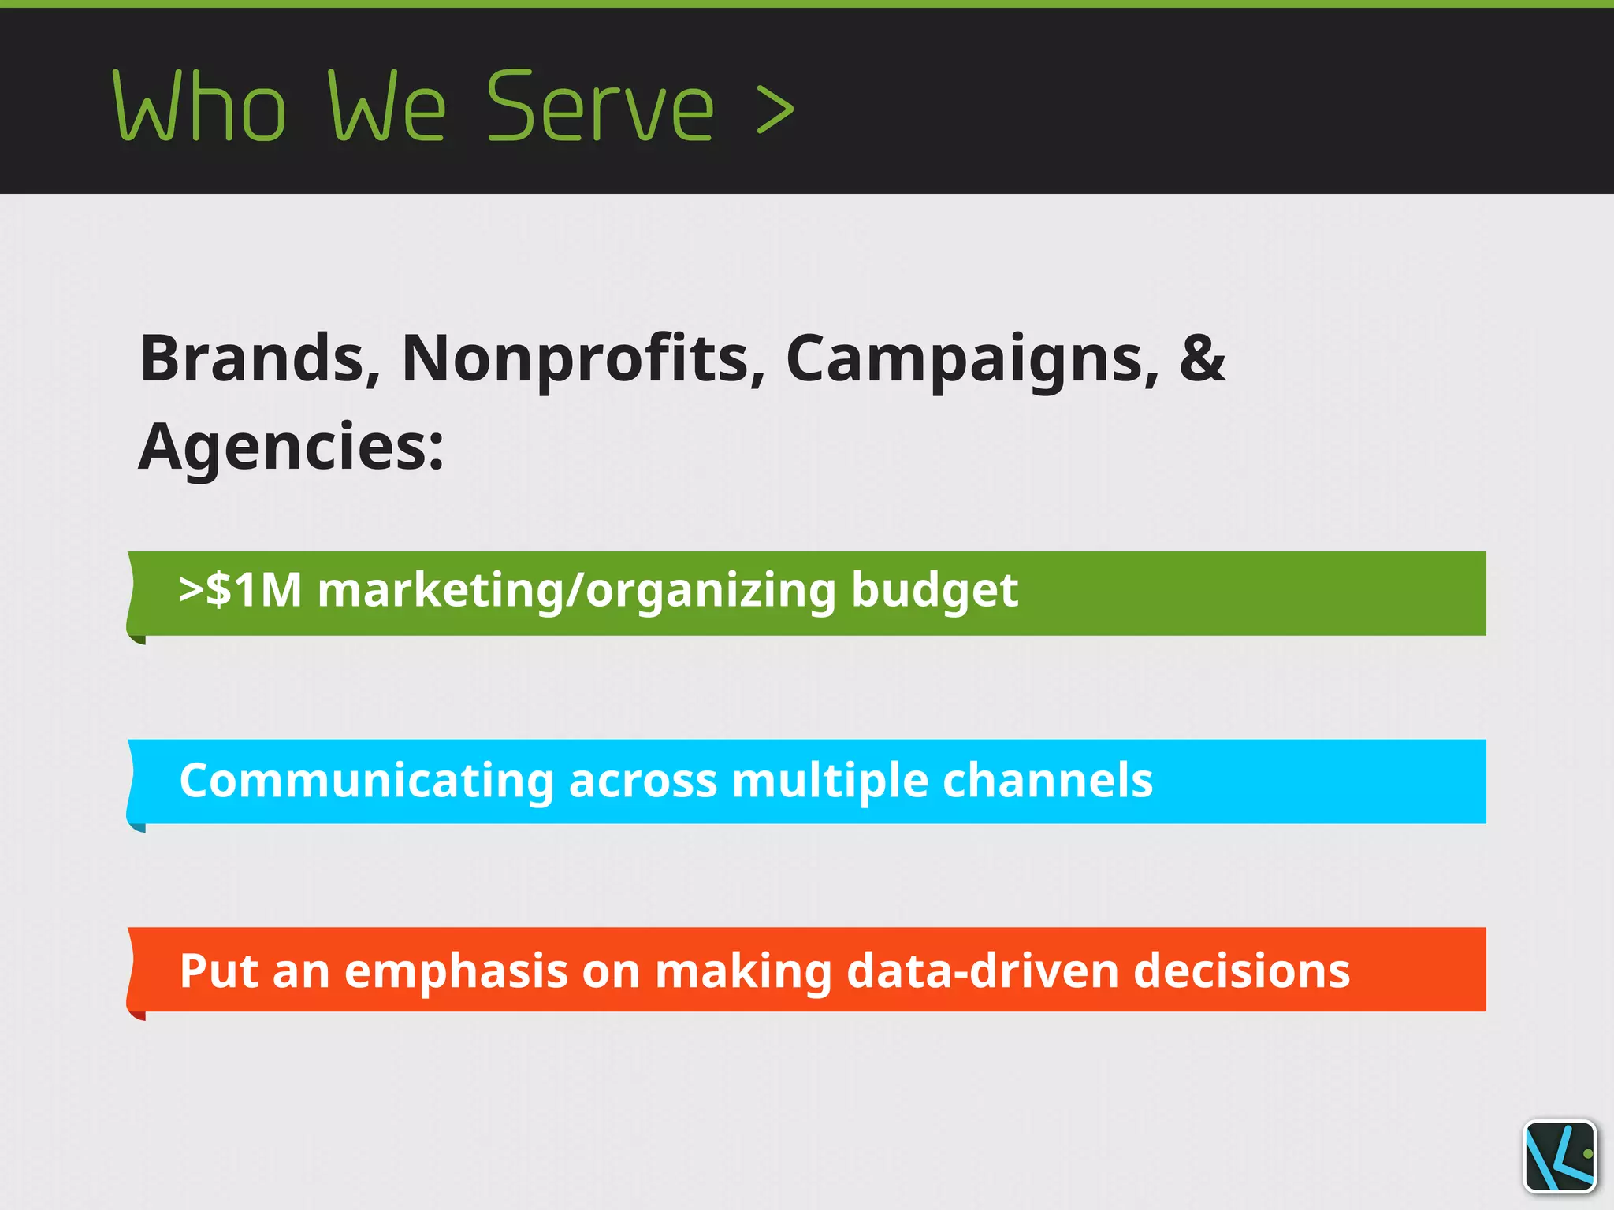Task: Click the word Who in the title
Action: point(199,106)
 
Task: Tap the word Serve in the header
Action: point(601,106)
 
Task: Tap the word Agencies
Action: point(290,447)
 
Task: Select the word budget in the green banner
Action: point(935,591)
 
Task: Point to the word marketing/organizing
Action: point(576,591)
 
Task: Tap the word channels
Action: point(1047,781)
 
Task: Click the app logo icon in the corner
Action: point(1560,1156)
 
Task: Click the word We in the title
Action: point(387,106)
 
